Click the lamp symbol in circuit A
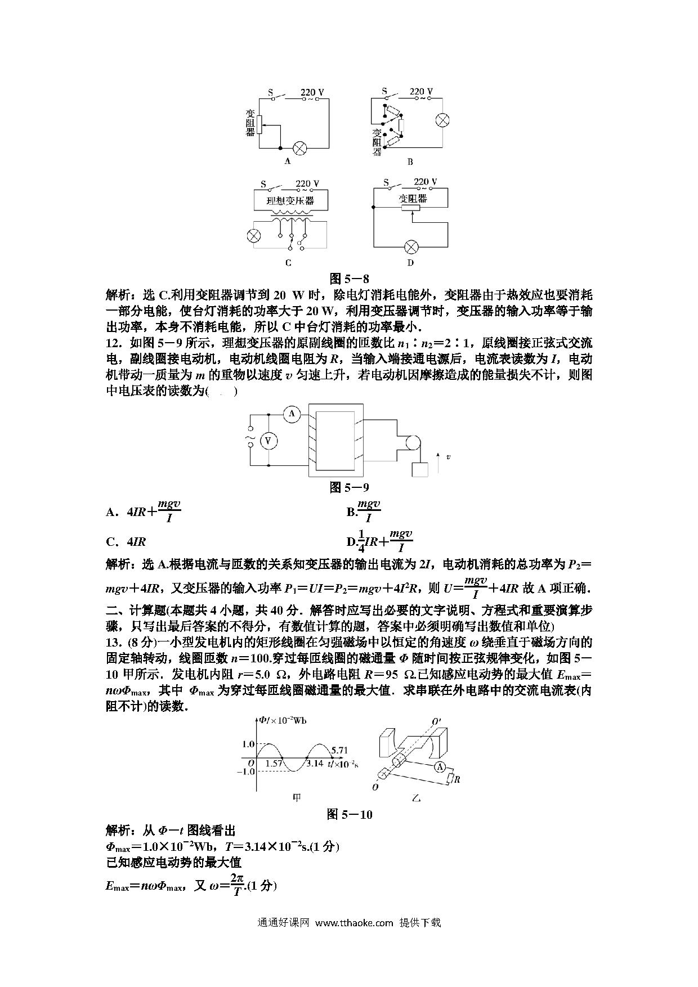301,148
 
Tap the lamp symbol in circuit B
443,120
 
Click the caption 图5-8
349,278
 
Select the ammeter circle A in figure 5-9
292,414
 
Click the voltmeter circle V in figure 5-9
269,441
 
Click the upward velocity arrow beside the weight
437,457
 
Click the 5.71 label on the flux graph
339,750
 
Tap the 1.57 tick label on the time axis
273,764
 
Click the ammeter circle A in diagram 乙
441,766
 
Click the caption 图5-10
350,814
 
